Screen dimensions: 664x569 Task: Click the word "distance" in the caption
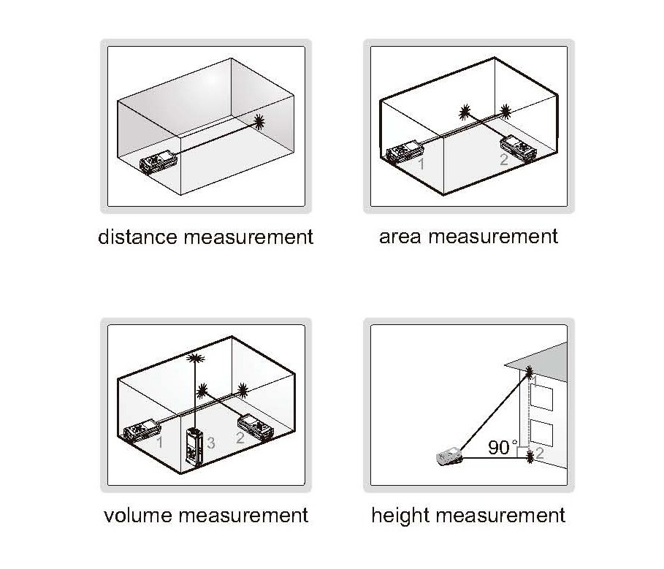point(137,237)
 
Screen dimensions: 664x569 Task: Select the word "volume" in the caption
point(137,515)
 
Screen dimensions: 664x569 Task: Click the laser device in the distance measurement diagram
point(159,161)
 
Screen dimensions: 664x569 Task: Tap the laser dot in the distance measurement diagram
point(259,122)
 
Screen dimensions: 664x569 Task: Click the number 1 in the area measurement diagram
point(421,164)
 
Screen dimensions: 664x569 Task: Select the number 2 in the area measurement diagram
point(504,159)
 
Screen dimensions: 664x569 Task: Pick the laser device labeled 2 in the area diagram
point(519,148)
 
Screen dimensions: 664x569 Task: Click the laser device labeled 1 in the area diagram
point(405,153)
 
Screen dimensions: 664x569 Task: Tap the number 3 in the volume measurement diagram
point(211,443)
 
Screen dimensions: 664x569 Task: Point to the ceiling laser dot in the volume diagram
point(195,359)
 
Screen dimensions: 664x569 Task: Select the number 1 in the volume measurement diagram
point(160,443)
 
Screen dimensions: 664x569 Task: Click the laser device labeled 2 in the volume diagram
point(256,427)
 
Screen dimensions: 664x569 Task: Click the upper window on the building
point(541,397)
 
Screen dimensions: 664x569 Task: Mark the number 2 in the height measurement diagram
point(540,453)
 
